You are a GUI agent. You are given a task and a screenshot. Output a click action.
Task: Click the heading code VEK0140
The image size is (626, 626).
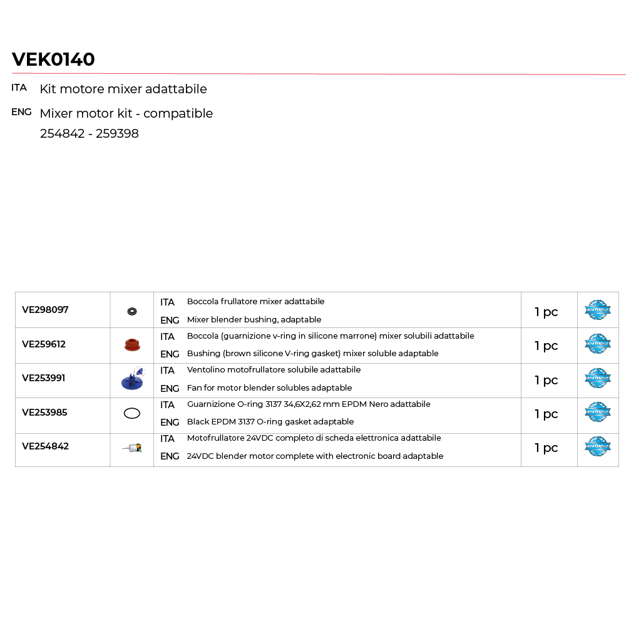pyautogui.click(x=53, y=59)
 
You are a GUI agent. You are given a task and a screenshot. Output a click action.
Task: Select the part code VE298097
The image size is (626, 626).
pyautogui.click(x=45, y=310)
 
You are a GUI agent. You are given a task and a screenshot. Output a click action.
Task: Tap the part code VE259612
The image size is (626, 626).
pyautogui.click(x=44, y=344)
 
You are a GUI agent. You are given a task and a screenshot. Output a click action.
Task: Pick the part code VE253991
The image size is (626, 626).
pyautogui.click(x=44, y=378)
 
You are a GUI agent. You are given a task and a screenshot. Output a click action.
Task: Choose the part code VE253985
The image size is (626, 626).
pyautogui.click(x=44, y=413)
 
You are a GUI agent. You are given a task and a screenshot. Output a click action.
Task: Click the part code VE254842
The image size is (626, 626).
pyautogui.click(x=45, y=446)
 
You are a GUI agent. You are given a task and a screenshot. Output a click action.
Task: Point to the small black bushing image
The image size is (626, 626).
pyautogui.click(x=132, y=311)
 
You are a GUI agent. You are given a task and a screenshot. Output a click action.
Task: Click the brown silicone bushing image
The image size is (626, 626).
pyautogui.click(x=132, y=345)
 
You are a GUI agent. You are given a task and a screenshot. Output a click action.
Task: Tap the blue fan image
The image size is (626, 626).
pyautogui.click(x=132, y=379)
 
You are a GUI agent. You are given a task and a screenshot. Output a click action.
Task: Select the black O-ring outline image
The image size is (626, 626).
pyautogui.click(x=132, y=413)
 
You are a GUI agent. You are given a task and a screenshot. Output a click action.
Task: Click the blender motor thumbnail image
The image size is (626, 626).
pyautogui.click(x=132, y=448)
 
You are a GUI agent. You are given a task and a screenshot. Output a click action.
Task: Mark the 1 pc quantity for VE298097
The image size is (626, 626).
pyautogui.click(x=546, y=312)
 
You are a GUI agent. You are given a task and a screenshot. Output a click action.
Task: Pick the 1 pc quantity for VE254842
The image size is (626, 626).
pyautogui.click(x=546, y=448)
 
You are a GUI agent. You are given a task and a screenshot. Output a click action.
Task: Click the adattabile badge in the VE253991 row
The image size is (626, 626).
pyautogui.click(x=598, y=379)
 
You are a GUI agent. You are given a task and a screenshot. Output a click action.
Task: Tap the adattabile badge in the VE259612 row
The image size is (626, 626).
pyautogui.click(x=598, y=344)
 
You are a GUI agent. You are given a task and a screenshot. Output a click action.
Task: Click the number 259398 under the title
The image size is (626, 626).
pyautogui.click(x=117, y=134)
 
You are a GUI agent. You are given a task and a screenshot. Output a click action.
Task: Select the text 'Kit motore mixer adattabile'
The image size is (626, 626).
pyautogui.click(x=123, y=89)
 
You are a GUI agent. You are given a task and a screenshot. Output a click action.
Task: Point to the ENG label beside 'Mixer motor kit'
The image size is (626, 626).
pyautogui.click(x=21, y=112)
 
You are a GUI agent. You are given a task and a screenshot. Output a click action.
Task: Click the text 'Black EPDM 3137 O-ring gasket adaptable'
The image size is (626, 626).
pyautogui.click(x=270, y=422)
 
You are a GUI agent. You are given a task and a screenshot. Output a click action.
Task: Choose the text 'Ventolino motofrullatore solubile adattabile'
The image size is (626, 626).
pyautogui.click(x=274, y=370)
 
